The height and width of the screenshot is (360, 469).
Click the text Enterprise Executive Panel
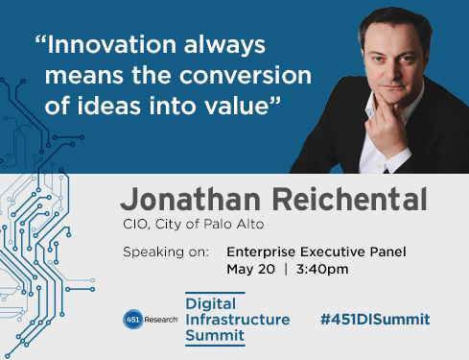click(317, 252)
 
